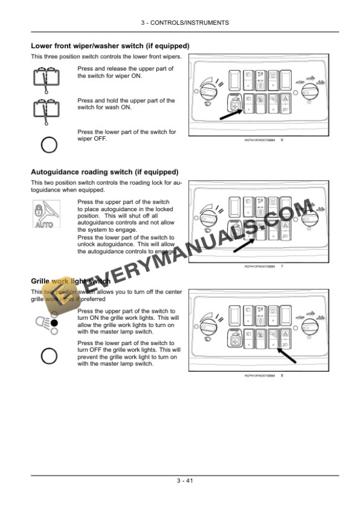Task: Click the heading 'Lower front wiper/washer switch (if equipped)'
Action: tap(109, 46)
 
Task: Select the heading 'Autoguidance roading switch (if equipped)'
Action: tap(104, 172)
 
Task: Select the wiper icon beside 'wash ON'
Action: tap(44, 110)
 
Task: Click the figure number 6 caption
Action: tap(283, 140)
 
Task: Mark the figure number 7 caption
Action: tap(283, 266)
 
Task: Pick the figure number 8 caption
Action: tap(283, 375)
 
